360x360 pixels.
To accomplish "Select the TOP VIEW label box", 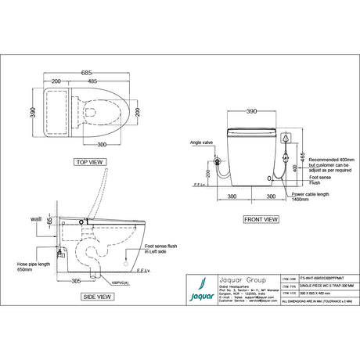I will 92,162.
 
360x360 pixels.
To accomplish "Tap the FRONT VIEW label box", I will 259,219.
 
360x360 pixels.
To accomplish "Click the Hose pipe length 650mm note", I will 32,267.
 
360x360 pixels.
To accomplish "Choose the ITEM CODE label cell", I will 286,279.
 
